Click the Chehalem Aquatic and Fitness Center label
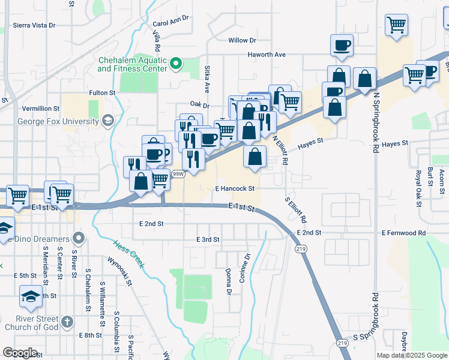[x=132, y=64]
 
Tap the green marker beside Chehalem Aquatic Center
[x=176, y=62]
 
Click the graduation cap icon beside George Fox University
[x=108, y=121]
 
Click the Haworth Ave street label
[x=267, y=55]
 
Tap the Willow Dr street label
[x=242, y=40]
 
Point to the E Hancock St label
[x=235, y=188]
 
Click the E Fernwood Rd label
[x=403, y=233]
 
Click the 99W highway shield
[x=178, y=174]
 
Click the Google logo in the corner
[x=20, y=353]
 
